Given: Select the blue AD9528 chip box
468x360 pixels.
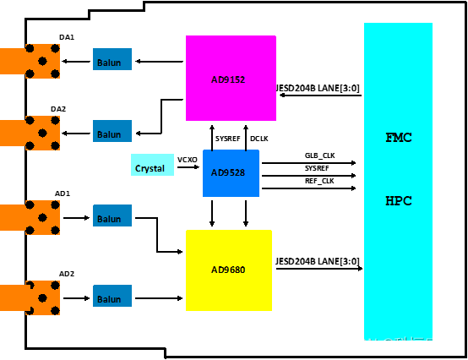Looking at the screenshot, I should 231,173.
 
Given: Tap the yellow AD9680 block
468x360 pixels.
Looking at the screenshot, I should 229,270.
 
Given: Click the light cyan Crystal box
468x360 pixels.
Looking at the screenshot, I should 152,165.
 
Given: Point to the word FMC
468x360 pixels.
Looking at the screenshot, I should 398,138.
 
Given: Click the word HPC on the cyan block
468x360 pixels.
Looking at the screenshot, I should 398,201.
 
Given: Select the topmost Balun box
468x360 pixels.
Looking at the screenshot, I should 112,59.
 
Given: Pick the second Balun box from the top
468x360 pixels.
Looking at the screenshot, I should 112,131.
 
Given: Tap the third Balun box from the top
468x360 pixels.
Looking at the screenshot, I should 112,215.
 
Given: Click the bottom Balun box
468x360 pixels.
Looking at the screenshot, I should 112,296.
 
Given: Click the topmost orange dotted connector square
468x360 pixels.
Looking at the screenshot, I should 42,61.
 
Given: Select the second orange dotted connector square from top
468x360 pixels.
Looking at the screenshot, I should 42,133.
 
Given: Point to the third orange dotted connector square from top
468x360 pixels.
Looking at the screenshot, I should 42,217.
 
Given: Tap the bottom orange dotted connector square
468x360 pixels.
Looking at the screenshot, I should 42,297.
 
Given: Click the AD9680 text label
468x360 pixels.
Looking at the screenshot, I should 228,270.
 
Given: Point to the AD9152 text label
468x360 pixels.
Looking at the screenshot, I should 228,80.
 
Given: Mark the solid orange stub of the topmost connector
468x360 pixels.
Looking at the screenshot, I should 12,61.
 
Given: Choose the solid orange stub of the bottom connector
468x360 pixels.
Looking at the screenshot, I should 12,297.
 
